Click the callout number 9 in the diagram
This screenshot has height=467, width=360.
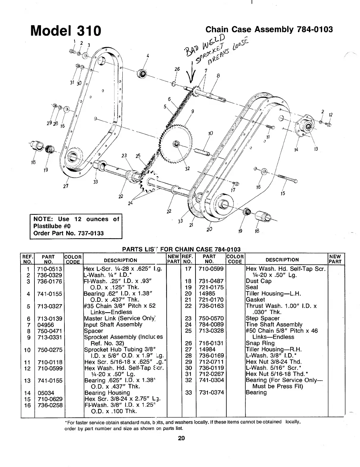click(x=192, y=112)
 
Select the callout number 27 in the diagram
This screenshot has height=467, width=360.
click(x=65, y=186)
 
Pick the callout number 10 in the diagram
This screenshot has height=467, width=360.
click(x=211, y=134)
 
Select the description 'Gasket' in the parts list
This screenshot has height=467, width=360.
click(x=255, y=300)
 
